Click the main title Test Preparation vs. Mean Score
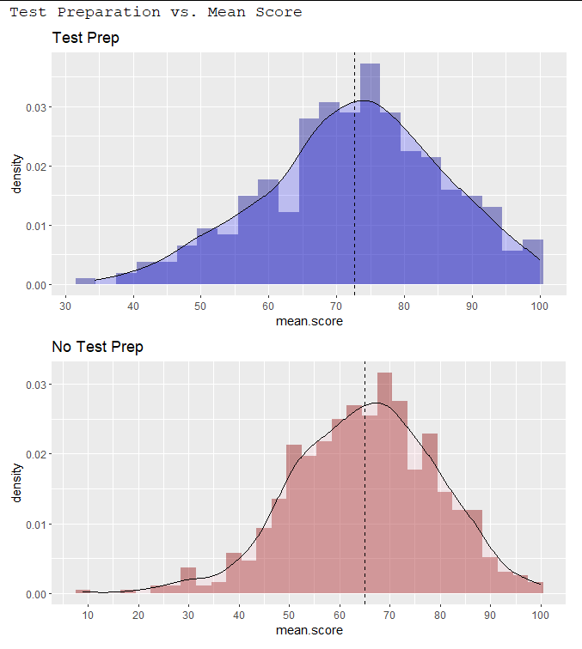pyautogui.click(x=156, y=12)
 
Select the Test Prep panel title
pyautogui.click(x=85, y=38)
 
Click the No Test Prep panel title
pyautogui.click(x=97, y=347)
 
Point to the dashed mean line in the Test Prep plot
pyautogui.click(x=355, y=172)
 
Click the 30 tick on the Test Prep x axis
pyautogui.click(x=65, y=305)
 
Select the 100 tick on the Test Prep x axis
pyautogui.click(x=540, y=305)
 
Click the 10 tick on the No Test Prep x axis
pyautogui.click(x=88, y=614)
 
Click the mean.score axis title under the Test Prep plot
pyautogui.click(x=309, y=321)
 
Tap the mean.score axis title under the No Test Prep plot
pyautogui.click(x=309, y=630)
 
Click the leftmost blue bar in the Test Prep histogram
pyautogui.click(x=85, y=282)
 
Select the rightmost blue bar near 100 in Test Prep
pyautogui.click(x=533, y=263)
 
